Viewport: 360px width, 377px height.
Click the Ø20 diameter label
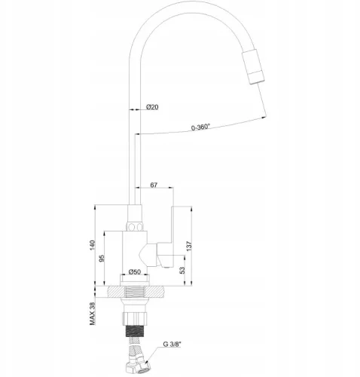[x=152, y=107]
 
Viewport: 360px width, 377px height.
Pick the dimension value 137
[x=198, y=245]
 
